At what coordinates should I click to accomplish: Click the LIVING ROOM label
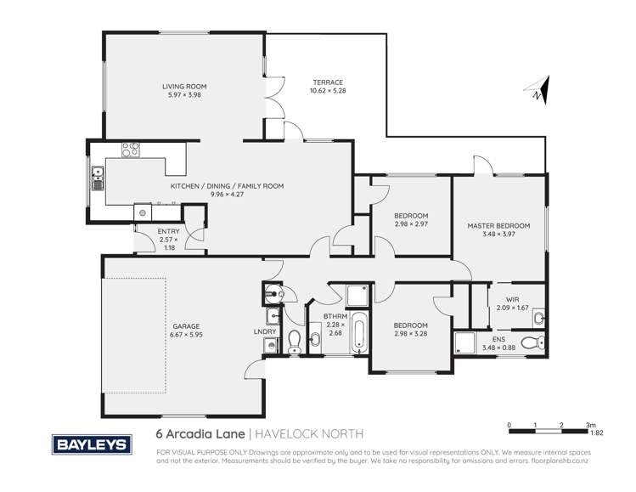[184, 86]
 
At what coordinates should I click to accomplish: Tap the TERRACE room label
[327, 82]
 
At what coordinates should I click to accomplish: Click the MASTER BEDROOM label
[499, 226]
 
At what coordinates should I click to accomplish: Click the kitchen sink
[97, 180]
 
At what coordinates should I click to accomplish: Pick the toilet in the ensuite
[531, 343]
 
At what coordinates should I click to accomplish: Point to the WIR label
[512, 299]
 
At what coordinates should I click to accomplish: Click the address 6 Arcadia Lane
[198, 433]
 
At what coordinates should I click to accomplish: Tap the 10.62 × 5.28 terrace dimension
[327, 91]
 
